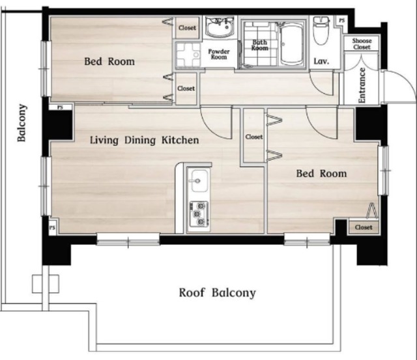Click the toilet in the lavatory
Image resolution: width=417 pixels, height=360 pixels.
321,31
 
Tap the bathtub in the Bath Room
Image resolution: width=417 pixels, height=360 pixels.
292,44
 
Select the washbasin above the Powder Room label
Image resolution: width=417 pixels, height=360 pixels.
220,27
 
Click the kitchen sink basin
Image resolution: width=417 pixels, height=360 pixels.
199,180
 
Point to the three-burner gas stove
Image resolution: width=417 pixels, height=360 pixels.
199,214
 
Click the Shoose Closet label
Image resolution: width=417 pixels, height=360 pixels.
362,44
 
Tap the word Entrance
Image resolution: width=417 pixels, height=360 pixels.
362,85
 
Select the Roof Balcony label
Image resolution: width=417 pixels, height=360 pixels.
217,293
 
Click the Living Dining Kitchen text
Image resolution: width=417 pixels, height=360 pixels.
145,140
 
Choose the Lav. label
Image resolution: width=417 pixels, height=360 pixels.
321,61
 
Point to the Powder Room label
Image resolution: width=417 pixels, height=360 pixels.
219,54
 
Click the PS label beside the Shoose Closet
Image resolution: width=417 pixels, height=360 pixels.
341,20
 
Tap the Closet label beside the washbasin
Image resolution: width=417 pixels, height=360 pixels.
187,27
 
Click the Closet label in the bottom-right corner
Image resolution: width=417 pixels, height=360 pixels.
364,227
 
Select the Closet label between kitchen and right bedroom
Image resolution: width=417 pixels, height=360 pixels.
254,137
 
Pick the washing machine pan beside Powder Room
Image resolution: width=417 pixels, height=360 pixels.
188,55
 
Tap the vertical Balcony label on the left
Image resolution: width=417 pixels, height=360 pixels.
22,123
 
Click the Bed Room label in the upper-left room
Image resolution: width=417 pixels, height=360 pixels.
109,61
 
